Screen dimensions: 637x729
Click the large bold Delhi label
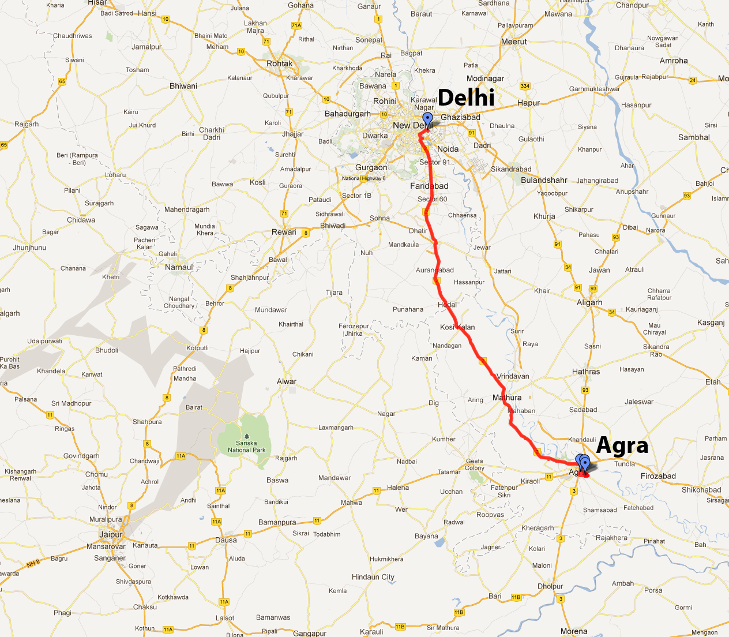(466, 98)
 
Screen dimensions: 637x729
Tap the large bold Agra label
(622, 445)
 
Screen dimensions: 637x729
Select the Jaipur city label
(111, 534)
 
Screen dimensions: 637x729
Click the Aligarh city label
(589, 302)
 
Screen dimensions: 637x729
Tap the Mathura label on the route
(507, 398)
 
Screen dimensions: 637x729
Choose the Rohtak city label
(280, 63)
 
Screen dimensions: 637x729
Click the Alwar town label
(287, 381)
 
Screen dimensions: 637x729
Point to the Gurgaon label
(371, 167)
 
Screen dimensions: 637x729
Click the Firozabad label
(658, 476)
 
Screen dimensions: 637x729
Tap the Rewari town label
(284, 232)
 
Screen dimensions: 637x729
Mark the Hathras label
(586, 372)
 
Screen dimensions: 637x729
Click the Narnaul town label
(179, 267)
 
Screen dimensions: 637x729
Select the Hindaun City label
(373, 577)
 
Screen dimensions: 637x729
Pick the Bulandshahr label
(544, 180)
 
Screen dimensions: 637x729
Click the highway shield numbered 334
(525, 86)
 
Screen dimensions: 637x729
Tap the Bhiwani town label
(183, 86)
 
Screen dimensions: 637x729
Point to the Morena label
(574, 631)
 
